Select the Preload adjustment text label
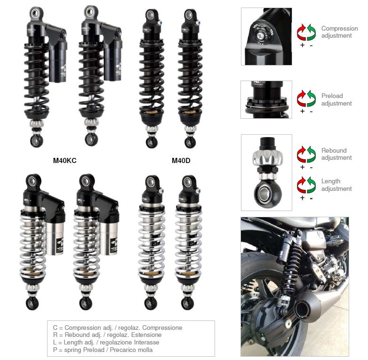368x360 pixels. coord(336,99)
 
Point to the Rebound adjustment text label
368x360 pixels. coord(336,154)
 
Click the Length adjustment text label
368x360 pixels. coord(336,185)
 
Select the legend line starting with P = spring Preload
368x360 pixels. coord(102,350)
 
